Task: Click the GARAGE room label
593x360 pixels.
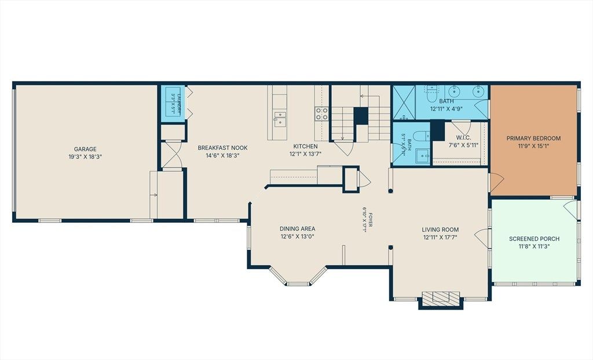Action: [x=85, y=149]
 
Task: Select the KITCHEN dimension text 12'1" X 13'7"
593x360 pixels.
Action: [x=306, y=154]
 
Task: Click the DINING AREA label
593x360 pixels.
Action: [x=297, y=229]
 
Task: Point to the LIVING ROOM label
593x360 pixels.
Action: [x=440, y=230]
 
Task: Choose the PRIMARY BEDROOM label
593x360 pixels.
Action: [x=533, y=138]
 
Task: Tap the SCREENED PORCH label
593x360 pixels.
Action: [x=534, y=239]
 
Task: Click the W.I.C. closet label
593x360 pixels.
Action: [x=463, y=138]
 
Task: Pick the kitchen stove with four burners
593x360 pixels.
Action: [x=322, y=114]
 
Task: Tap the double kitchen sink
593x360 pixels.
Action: [x=280, y=119]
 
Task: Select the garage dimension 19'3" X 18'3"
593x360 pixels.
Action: [x=86, y=156]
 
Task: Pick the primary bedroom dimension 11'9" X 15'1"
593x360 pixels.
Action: [x=533, y=146]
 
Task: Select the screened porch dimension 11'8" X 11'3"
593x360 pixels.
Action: [x=534, y=247]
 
